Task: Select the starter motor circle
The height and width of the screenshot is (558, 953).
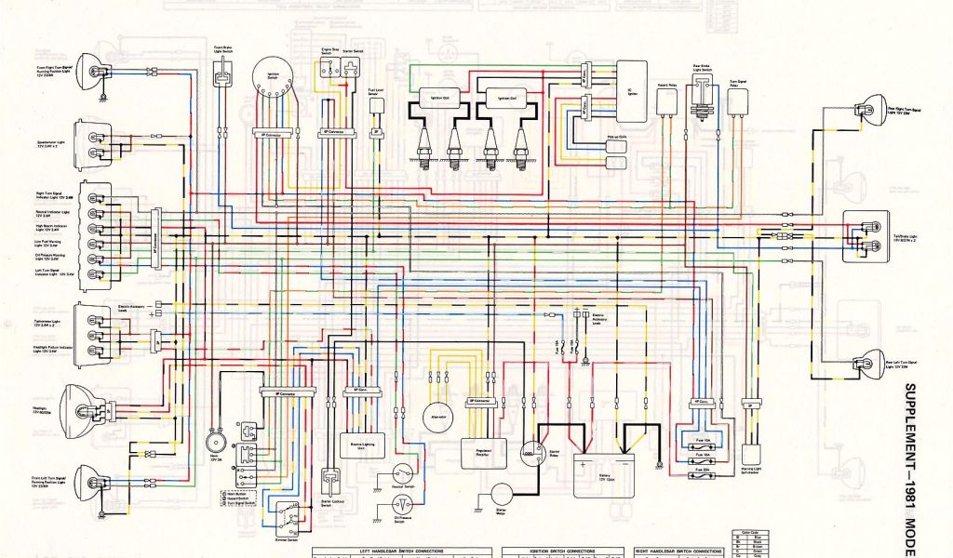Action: click(503, 495)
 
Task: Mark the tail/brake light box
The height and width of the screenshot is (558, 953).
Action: click(866, 236)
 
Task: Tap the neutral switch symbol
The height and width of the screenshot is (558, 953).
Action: click(403, 473)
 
